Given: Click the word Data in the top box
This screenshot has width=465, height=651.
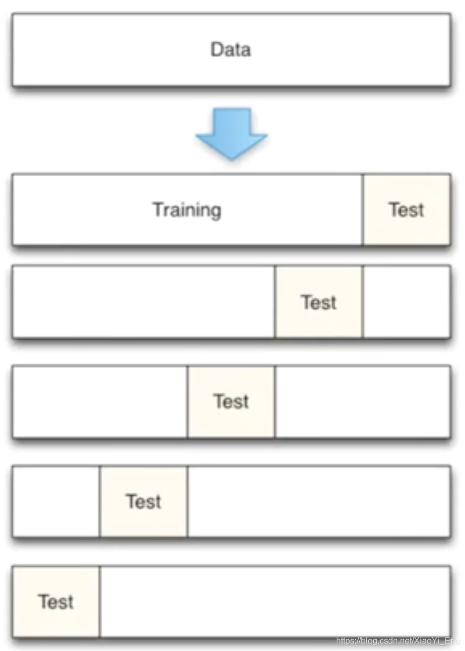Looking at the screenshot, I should pyautogui.click(x=231, y=50).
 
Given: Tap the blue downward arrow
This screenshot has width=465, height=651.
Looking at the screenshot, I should pyautogui.click(x=231, y=132).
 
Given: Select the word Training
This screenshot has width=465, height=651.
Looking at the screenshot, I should pyautogui.click(x=186, y=209).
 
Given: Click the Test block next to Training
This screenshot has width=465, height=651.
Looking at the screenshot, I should pyautogui.click(x=406, y=209).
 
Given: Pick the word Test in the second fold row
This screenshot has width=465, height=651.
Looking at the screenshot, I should pyautogui.click(x=319, y=302).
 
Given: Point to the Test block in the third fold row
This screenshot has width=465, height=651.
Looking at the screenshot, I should pyautogui.click(x=231, y=402).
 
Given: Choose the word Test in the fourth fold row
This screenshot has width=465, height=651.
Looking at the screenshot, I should pyautogui.click(x=144, y=502).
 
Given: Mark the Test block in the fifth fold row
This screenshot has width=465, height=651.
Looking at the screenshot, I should pyautogui.click(x=56, y=602).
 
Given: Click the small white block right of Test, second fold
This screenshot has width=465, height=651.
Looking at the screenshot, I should pyautogui.click(x=406, y=302).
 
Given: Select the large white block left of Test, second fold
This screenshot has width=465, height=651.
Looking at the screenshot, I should pyautogui.click(x=143, y=302).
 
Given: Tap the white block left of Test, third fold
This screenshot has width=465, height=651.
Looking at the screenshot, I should pyautogui.click(x=100, y=402).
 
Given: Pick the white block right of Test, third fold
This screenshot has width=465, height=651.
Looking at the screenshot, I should pyautogui.click(x=362, y=402).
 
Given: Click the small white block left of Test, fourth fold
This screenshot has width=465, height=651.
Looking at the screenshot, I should pyautogui.click(x=56, y=502).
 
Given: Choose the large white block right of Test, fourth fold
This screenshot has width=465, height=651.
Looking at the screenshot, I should pyautogui.click(x=319, y=502).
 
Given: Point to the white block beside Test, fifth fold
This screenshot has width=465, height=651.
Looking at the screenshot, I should pyautogui.click(x=275, y=602).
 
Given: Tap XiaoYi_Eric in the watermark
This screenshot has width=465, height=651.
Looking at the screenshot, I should pyautogui.click(x=438, y=641).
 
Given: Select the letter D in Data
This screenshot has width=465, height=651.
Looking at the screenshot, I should pyautogui.click(x=216, y=50).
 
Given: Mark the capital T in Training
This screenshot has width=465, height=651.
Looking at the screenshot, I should pyautogui.click(x=157, y=209).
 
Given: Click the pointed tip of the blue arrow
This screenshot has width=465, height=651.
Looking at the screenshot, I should pyautogui.click(x=231, y=158).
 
